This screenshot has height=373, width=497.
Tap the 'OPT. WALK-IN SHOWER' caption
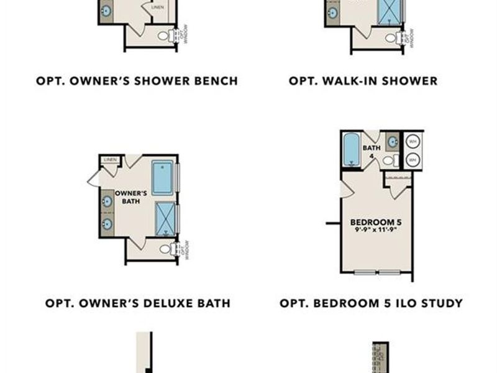point(363,81)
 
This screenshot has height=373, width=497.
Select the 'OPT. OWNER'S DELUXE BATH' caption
point(138,303)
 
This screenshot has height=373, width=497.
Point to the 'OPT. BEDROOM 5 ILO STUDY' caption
point(371,303)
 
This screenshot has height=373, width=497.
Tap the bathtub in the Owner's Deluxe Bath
point(163,177)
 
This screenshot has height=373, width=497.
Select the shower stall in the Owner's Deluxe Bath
point(165,220)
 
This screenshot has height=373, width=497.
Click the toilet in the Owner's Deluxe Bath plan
point(165,249)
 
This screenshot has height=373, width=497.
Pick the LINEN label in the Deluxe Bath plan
point(111,160)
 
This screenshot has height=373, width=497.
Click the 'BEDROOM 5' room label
point(373,223)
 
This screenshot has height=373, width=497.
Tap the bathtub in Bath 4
point(352,150)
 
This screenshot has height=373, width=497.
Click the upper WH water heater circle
point(412,141)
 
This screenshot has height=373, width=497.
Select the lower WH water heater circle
point(412,160)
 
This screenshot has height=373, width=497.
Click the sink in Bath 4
point(393,142)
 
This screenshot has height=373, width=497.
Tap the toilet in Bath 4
point(389,161)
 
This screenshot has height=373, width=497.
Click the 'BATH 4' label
point(372,152)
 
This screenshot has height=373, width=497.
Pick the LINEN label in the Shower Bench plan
point(158,7)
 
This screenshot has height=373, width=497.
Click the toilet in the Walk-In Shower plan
point(391,38)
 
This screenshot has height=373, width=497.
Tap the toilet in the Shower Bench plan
point(164,36)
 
